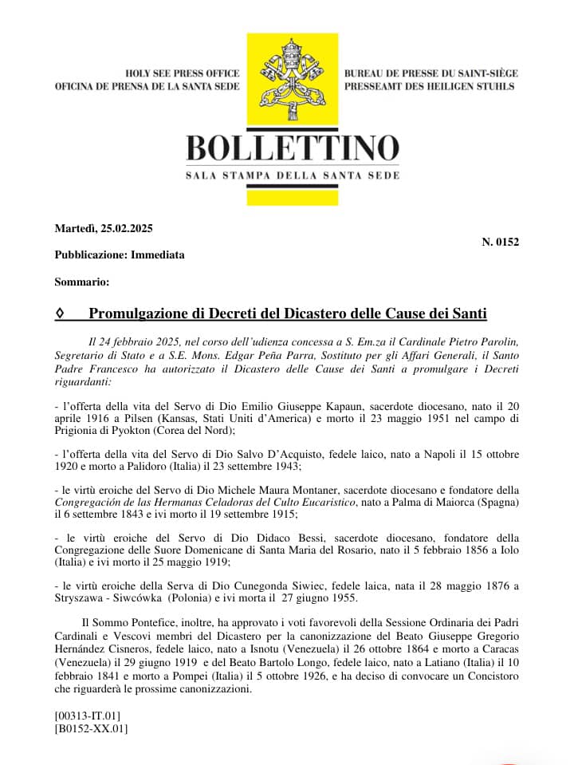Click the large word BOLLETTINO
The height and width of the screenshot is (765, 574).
pyautogui.click(x=292, y=149)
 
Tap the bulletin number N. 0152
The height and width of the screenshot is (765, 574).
pyautogui.click(x=501, y=242)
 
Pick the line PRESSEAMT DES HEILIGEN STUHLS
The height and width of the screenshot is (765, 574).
pyautogui.click(x=429, y=86)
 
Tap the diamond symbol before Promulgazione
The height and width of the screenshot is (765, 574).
pyautogui.click(x=60, y=314)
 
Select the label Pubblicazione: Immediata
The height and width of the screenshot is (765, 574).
pyautogui.click(x=120, y=255)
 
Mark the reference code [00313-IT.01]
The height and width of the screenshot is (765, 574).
pyautogui.click(x=88, y=715)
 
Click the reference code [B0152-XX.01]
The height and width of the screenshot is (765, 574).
pyautogui.click(x=91, y=728)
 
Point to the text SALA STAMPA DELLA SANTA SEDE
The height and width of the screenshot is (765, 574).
pyautogui.click(x=292, y=175)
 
